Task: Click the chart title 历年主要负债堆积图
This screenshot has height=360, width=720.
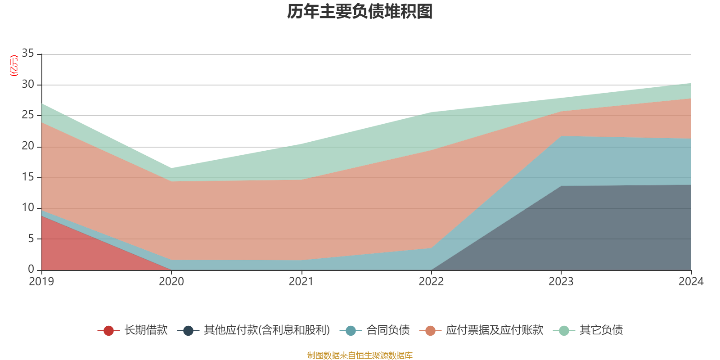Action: (x=360, y=12)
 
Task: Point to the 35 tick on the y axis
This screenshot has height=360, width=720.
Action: (x=28, y=54)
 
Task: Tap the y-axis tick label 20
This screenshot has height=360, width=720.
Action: (x=28, y=146)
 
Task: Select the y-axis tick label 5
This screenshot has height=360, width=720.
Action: (x=31, y=238)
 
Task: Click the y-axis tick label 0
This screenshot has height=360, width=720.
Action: (x=31, y=269)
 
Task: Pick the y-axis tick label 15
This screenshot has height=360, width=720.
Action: (x=28, y=177)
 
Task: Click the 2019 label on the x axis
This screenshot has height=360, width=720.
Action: (x=41, y=282)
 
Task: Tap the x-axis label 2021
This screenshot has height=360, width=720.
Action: (x=301, y=282)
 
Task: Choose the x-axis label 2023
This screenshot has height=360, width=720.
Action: (x=561, y=282)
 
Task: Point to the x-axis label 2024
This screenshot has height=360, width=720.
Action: (x=691, y=282)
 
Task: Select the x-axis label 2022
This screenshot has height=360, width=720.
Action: (x=431, y=282)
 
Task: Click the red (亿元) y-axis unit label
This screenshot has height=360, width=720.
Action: (x=14, y=66)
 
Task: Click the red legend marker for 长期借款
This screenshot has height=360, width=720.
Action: (x=108, y=331)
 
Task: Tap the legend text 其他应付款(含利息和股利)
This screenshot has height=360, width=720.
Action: (x=267, y=330)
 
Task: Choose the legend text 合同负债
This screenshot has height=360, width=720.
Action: (x=388, y=330)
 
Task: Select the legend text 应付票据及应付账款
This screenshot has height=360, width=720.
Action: (x=495, y=330)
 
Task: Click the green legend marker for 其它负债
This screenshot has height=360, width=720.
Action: (x=564, y=331)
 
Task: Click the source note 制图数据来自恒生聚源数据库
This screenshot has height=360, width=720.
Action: (x=360, y=355)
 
